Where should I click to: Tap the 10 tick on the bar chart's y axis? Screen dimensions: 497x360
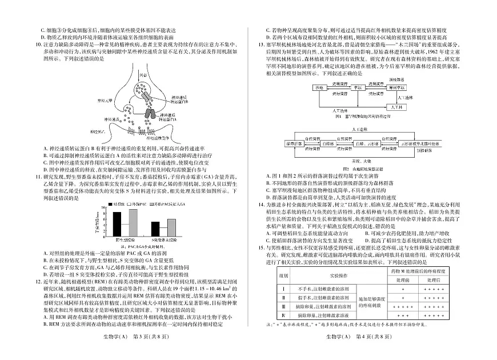click(105, 213)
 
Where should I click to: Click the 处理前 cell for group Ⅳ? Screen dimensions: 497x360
click(403, 315)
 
